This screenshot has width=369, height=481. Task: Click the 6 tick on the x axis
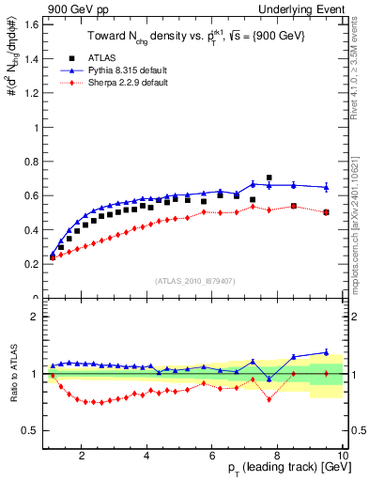[212, 458]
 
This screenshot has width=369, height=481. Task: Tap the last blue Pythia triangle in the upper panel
[326, 187]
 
